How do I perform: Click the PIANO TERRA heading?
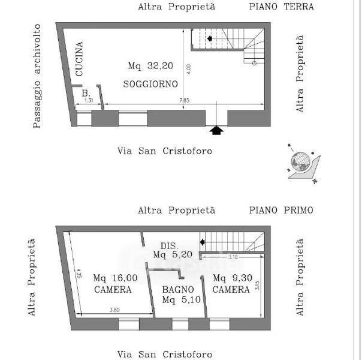click(x=282, y=7)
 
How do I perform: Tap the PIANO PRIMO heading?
click(x=282, y=211)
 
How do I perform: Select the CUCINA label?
click(x=79, y=58)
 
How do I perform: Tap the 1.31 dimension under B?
click(x=89, y=100)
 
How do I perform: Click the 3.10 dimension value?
click(x=234, y=257)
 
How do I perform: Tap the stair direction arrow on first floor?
click(x=203, y=242)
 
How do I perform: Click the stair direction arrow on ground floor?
click(x=210, y=39)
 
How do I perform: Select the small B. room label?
click(x=86, y=93)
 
